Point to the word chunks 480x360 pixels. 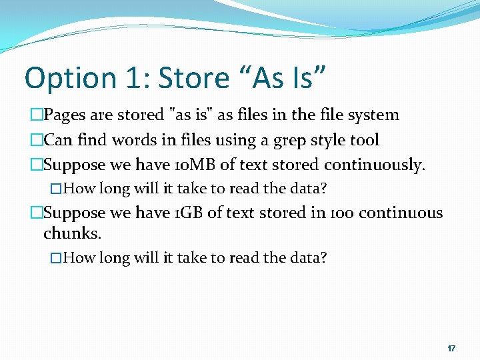coord(72,234)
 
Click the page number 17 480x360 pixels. coord(451,349)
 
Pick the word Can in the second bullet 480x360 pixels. coord(57,140)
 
